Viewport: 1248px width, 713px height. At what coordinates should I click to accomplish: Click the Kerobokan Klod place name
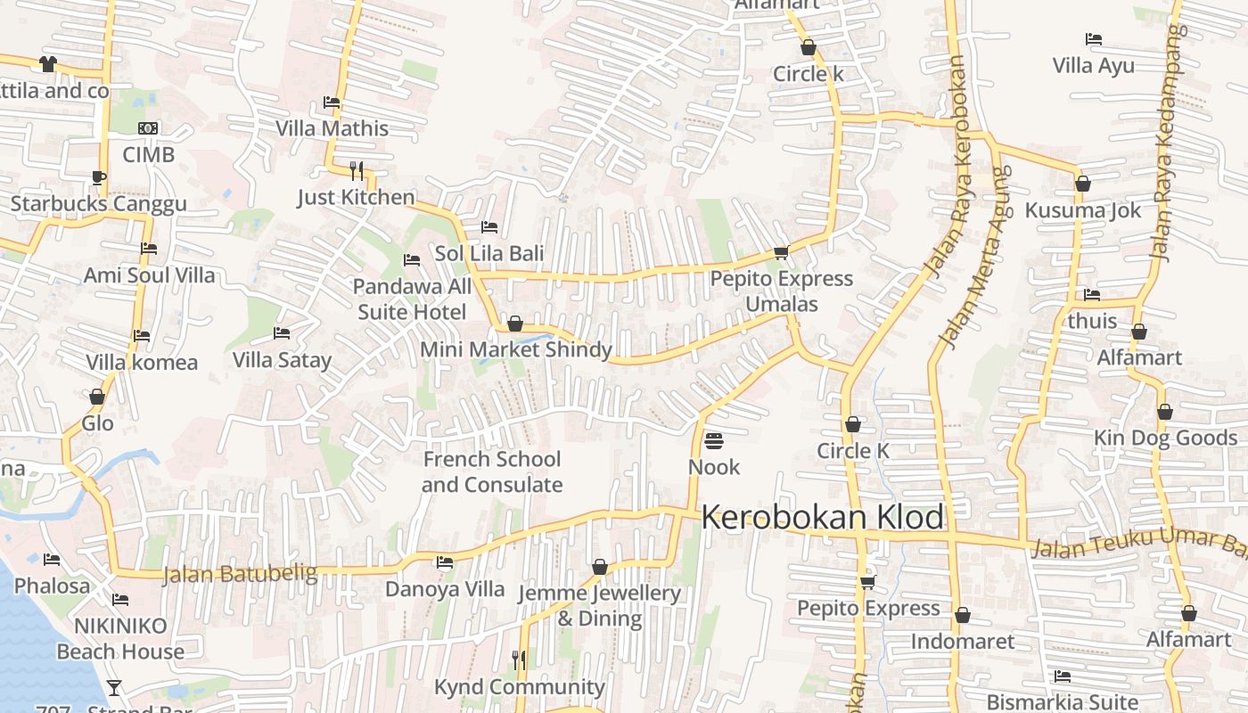point(822,517)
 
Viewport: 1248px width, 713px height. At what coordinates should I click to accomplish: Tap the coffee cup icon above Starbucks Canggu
point(98,177)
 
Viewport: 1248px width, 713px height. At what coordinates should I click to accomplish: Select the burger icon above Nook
point(713,441)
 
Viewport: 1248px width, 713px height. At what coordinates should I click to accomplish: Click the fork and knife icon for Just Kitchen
point(357,170)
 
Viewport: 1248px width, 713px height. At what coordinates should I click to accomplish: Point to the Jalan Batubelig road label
point(240,573)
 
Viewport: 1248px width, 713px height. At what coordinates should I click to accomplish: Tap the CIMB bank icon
point(148,128)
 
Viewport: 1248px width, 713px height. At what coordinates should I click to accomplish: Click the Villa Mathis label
point(332,128)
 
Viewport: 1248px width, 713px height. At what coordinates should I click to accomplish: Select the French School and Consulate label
point(492,471)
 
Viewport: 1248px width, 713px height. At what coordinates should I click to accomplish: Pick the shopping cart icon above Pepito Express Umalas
point(782,253)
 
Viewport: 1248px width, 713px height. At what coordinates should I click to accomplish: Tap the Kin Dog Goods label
point(1165,438)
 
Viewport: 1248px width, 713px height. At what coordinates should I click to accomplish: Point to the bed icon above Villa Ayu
point(1093,39)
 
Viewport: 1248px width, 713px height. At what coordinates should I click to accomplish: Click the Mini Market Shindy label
point(516,349)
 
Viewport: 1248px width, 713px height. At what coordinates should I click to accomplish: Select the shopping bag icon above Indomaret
point(962,616)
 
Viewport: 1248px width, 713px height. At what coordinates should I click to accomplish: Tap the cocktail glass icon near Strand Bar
point(114,687)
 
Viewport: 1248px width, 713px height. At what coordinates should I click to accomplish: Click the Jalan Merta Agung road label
point(973,258)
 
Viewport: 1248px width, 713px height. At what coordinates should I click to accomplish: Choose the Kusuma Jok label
point(1082,210)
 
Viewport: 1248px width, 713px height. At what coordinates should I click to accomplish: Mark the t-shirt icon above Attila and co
point(47,64)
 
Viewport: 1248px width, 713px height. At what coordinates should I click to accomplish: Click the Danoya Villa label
point(444,589)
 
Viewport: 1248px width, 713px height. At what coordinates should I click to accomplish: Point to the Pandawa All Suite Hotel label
point(412,299)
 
